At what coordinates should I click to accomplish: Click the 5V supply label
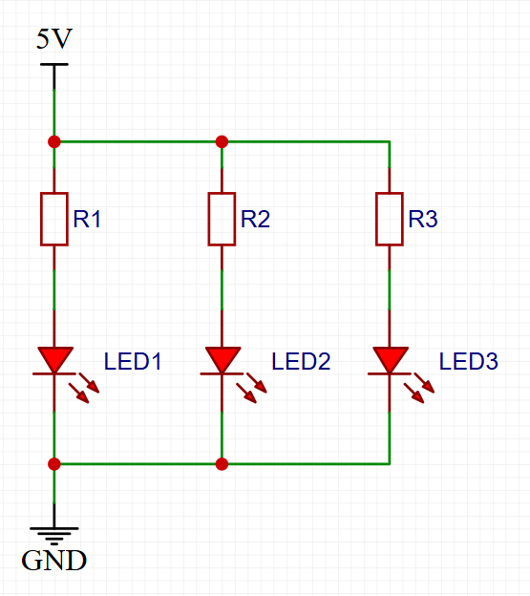point(53,39)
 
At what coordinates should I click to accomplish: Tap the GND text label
point(53,561)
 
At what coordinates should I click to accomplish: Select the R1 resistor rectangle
point(54,219)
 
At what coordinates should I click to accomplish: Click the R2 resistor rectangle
point(222,219)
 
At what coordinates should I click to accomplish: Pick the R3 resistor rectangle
point(390,219)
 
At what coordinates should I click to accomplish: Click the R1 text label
point(87,219)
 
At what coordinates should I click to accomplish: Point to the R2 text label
point(255,219)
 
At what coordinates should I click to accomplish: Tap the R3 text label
point(423,219)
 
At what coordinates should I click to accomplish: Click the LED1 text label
point(133,361)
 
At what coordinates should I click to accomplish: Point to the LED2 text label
point(301,361)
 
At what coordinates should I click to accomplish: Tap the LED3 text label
point(469,361)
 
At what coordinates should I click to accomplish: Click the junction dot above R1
point(54,141)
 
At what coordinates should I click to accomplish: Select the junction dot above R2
point(222,141)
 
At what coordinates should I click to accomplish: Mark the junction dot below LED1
point(54,464)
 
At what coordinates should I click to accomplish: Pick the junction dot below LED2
point(222,464)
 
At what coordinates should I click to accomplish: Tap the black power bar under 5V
point(54,65)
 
